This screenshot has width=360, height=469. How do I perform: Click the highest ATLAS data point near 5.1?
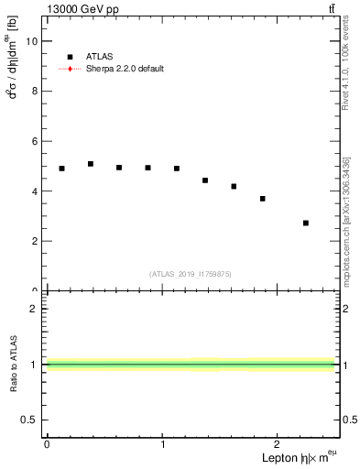click(91, 164)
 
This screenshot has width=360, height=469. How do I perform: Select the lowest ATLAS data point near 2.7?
click(306, 223)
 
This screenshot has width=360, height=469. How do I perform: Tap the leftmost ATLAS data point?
click(61, 169)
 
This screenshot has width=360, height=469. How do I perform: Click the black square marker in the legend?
click(70, 57)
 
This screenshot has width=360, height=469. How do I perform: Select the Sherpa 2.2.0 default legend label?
click(125, 69)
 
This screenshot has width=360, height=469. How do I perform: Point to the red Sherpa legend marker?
click(70, 69)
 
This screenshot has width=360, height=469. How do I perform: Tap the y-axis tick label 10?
click(32, 41)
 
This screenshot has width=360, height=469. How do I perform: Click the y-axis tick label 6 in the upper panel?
click(35, 141)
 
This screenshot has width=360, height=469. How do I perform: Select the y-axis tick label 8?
click(35, 92)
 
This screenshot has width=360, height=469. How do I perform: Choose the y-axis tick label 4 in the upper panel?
click(35, 191)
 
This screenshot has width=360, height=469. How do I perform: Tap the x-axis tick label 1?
click(162, 444)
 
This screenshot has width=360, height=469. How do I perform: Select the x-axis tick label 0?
click(47, 444)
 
